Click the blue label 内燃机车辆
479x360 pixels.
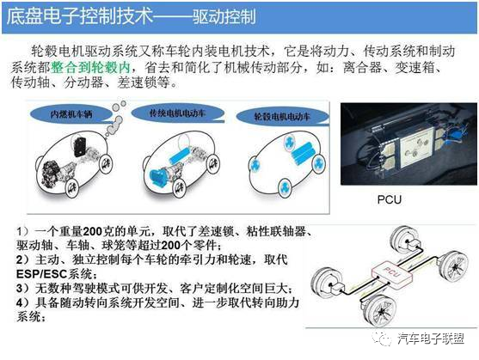click(72, 113)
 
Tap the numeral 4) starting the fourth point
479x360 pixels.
click(23, 303)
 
